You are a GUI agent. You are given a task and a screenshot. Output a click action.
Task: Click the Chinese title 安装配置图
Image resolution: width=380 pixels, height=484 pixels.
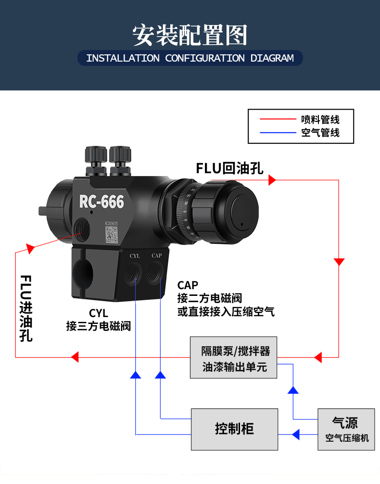[190, 35]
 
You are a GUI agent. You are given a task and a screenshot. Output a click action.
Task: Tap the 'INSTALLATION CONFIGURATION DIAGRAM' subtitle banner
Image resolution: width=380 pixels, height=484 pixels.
[190, 58]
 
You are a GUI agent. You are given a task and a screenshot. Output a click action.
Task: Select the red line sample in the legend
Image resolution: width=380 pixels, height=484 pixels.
[278, 119]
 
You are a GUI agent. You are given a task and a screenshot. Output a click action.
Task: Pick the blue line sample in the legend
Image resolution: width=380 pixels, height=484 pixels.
[278, 132]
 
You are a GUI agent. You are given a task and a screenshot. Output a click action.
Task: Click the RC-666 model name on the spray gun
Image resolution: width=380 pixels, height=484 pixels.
[101, 202]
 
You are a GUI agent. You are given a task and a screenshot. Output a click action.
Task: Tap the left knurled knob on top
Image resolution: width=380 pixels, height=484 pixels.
[96, 155]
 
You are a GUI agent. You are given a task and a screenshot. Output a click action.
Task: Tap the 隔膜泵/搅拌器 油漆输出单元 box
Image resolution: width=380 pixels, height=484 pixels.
[234, 359]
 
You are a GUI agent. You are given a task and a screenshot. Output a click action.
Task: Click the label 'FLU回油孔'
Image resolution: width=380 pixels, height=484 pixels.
[229, 168]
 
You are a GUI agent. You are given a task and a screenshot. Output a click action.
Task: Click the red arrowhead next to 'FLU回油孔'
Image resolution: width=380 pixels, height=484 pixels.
[272, 180]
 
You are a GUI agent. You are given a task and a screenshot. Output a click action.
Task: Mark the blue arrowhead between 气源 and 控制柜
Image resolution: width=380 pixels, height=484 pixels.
[295, 434]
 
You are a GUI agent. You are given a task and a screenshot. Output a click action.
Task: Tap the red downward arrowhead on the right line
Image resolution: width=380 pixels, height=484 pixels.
[339, 262]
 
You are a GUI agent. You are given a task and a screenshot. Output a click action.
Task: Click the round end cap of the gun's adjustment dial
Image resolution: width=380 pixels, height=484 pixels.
[244, 213]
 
